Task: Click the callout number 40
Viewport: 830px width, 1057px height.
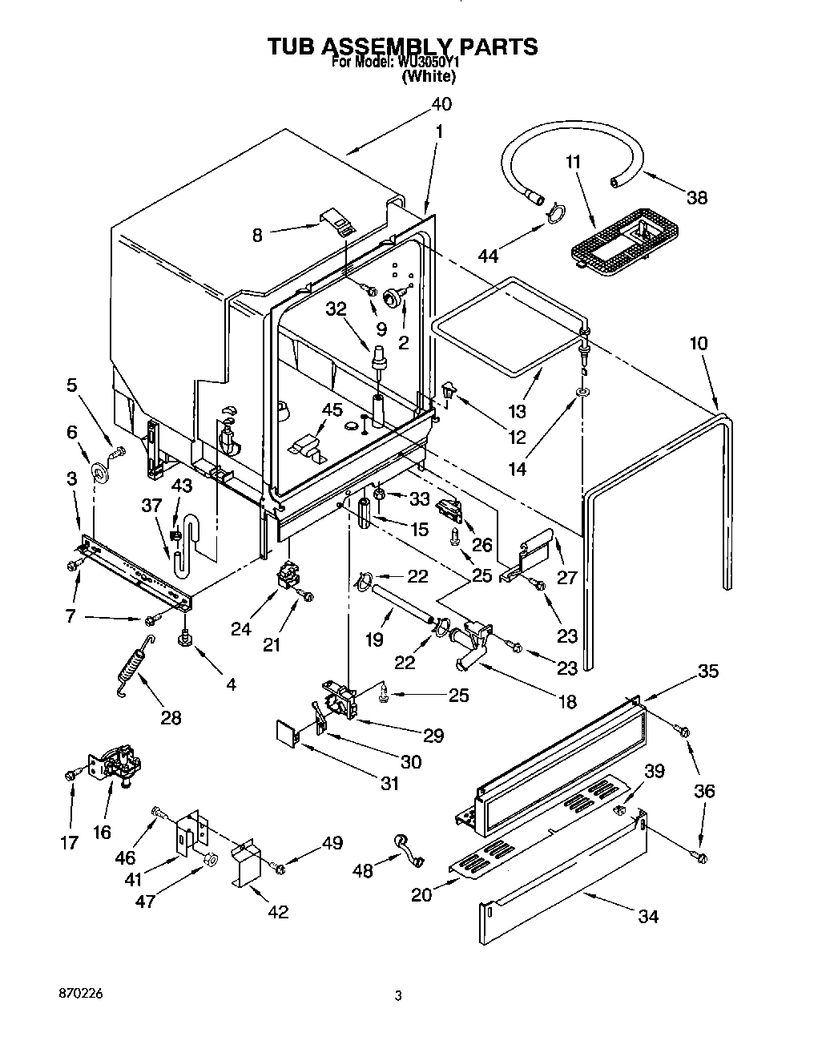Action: [x=441, y=104]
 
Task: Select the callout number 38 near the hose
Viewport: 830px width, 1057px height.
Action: [x=697, y=197]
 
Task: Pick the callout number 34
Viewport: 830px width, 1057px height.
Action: [x=647, y=916]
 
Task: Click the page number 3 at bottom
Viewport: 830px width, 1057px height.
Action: [x=397, y=997]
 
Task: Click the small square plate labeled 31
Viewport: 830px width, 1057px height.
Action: [x=286, y=732]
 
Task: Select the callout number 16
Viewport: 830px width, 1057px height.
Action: [x=102, y=832]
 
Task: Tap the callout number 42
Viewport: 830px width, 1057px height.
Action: [x=278, y=911]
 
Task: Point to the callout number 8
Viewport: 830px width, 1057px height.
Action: [x=257, y=235]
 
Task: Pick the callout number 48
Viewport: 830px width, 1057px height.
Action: [x=363, y=871]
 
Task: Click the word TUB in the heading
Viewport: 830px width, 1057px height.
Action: [x=293, y=46]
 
